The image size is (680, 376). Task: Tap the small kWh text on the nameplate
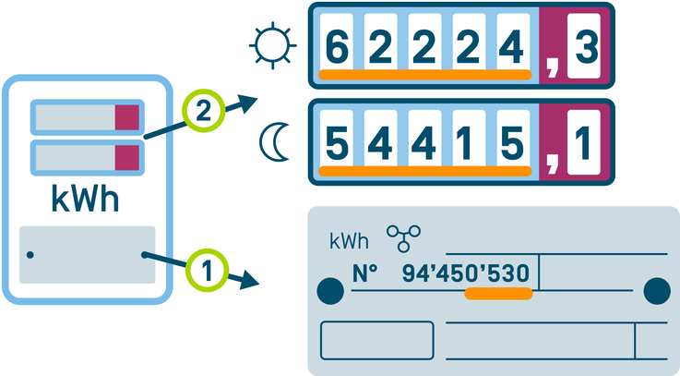coord(349,242)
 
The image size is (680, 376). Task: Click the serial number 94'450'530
coord(466,273)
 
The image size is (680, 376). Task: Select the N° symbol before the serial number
coord(366,273)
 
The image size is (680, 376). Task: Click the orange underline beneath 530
coord(499,294)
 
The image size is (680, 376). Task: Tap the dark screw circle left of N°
coord(329,291)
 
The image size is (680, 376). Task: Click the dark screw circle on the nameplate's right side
coord(656,290)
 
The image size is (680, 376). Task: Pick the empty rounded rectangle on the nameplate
coord(376,340)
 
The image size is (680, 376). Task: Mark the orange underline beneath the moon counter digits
coord(424,171)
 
